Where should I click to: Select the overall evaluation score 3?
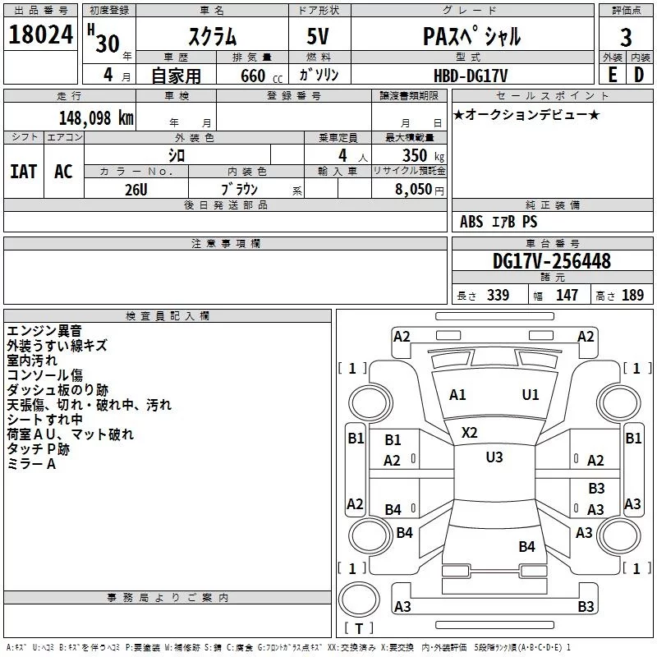(626, 37)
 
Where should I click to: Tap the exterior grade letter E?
(612, 74)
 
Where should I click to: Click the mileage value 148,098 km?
(96, 117)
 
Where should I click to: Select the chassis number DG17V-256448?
(552, 262)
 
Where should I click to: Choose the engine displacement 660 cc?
(253, 76)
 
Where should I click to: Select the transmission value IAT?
(23, 172)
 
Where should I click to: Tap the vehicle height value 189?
(633, 296)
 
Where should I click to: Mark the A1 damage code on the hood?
(457, 395)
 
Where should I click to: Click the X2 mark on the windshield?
(470, 432)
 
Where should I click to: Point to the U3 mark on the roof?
(494, 457)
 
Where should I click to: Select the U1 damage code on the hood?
(531, 395)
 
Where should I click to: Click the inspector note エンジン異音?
(44, 331)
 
